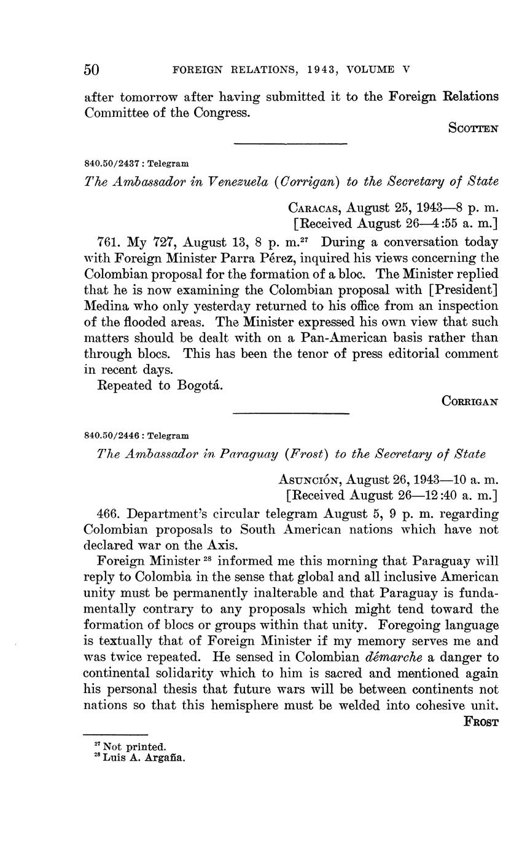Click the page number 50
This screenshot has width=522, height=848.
coord(92,69)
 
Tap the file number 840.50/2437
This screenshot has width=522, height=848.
coord(112,164)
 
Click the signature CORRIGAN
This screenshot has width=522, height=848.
coord(470,401)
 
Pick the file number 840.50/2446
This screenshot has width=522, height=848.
coord(112,435)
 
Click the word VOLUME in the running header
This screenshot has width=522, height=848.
coord(370,70)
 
